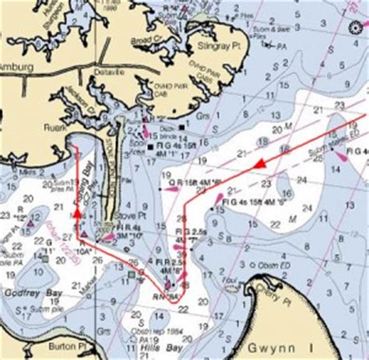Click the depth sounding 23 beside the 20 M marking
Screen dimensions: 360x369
tap(267, 183)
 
